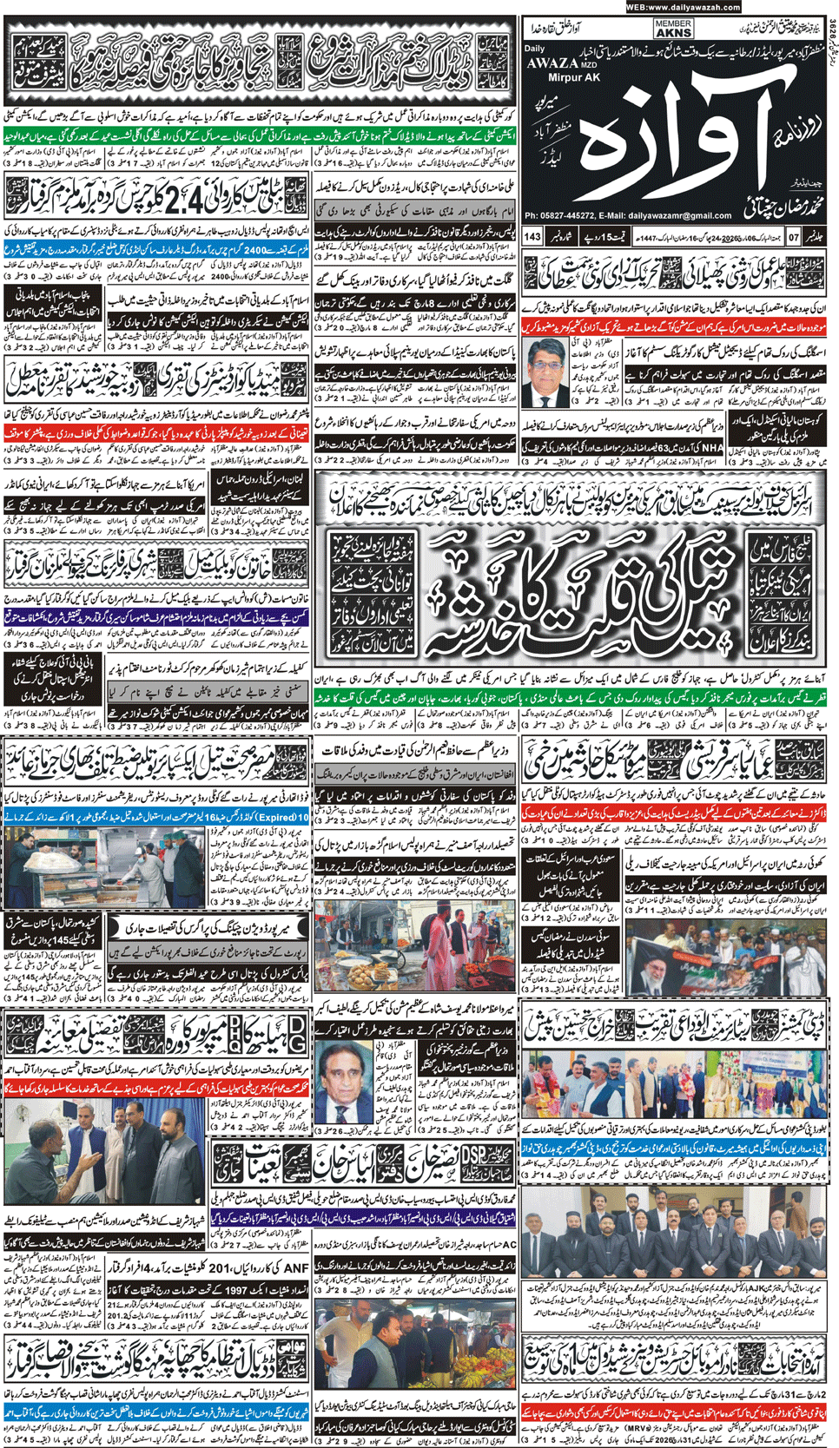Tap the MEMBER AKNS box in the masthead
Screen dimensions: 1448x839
pos(673,29)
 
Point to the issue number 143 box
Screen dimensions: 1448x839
pos(532,236)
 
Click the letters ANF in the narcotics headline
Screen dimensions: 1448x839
pos(295,1268)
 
